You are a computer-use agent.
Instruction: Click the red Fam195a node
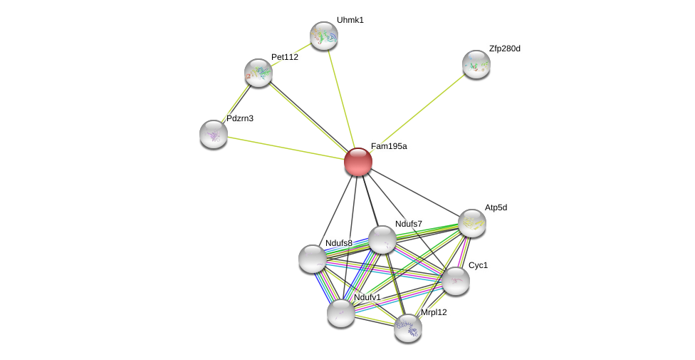(358, 162)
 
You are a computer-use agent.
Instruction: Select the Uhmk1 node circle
(324, 36)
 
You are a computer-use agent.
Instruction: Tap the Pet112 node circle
(258, 73)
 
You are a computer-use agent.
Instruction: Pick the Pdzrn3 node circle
(214, 133)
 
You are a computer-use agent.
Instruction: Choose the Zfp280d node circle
(476, 64)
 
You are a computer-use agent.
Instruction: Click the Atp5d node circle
(472, 223)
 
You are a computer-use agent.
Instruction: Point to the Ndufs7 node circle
(382, 240)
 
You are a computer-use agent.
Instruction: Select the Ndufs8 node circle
(313, 258)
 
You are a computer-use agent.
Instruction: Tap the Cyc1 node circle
(456, 280)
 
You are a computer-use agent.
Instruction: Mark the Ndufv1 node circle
(341, 312)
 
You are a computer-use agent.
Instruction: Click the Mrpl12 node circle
(408, 327)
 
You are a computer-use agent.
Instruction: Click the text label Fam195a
(389, 146)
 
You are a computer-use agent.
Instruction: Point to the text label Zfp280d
(504, 48)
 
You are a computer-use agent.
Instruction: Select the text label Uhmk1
(350, 20)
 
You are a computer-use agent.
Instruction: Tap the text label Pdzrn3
(240, 118)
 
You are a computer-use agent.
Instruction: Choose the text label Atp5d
(496, 207)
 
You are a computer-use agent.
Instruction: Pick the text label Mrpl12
(434, 312)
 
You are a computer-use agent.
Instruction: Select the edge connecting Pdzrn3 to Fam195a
(285, 148)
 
